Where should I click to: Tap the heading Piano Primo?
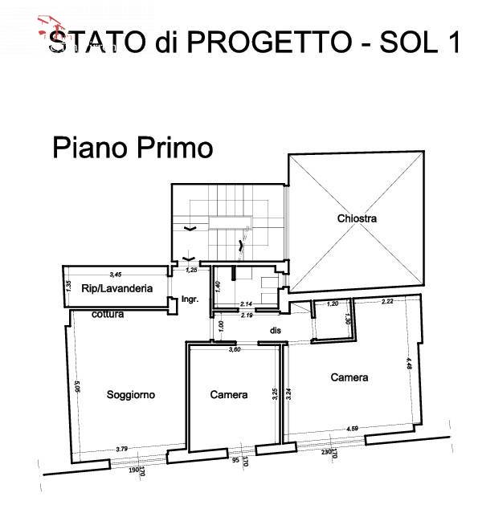coord(133,149)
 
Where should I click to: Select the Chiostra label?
coord(357,218)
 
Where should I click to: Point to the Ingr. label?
coord(190,299)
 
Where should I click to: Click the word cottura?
coord(107,315)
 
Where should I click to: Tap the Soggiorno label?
coord(130,395)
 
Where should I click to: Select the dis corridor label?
coord(275,329)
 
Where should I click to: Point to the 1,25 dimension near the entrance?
coord(191,271)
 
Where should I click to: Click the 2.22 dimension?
coord(387,302)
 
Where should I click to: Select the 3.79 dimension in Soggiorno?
coord(122,448)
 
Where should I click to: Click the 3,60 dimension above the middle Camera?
coord(235,349)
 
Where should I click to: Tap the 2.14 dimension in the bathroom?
coord(247,304)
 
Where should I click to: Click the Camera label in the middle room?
coord(229,395)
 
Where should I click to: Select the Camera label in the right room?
coord(349,377)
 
